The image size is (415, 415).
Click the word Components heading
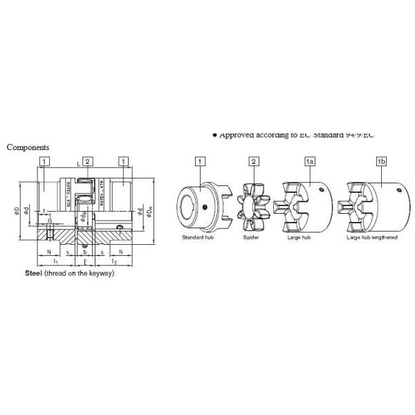click(x=28, y=147)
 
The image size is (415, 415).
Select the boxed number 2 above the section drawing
click(x=87, y=161)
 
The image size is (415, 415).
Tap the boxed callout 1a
click(x=311, y=161)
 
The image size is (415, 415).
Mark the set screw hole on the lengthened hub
click(x=399, y=190)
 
